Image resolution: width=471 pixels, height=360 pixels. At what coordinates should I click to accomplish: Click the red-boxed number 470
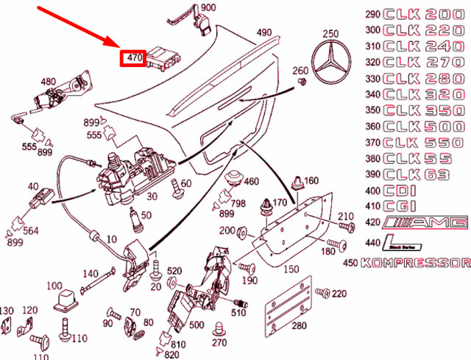[133, 57]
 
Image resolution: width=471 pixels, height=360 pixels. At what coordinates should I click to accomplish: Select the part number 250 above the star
[330, 32]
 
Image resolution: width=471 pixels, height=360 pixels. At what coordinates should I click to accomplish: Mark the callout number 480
[48, 81]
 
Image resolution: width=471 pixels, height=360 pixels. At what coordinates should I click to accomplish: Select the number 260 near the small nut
[301, 71]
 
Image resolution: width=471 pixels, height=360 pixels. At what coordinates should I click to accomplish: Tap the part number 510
[238, 313]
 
